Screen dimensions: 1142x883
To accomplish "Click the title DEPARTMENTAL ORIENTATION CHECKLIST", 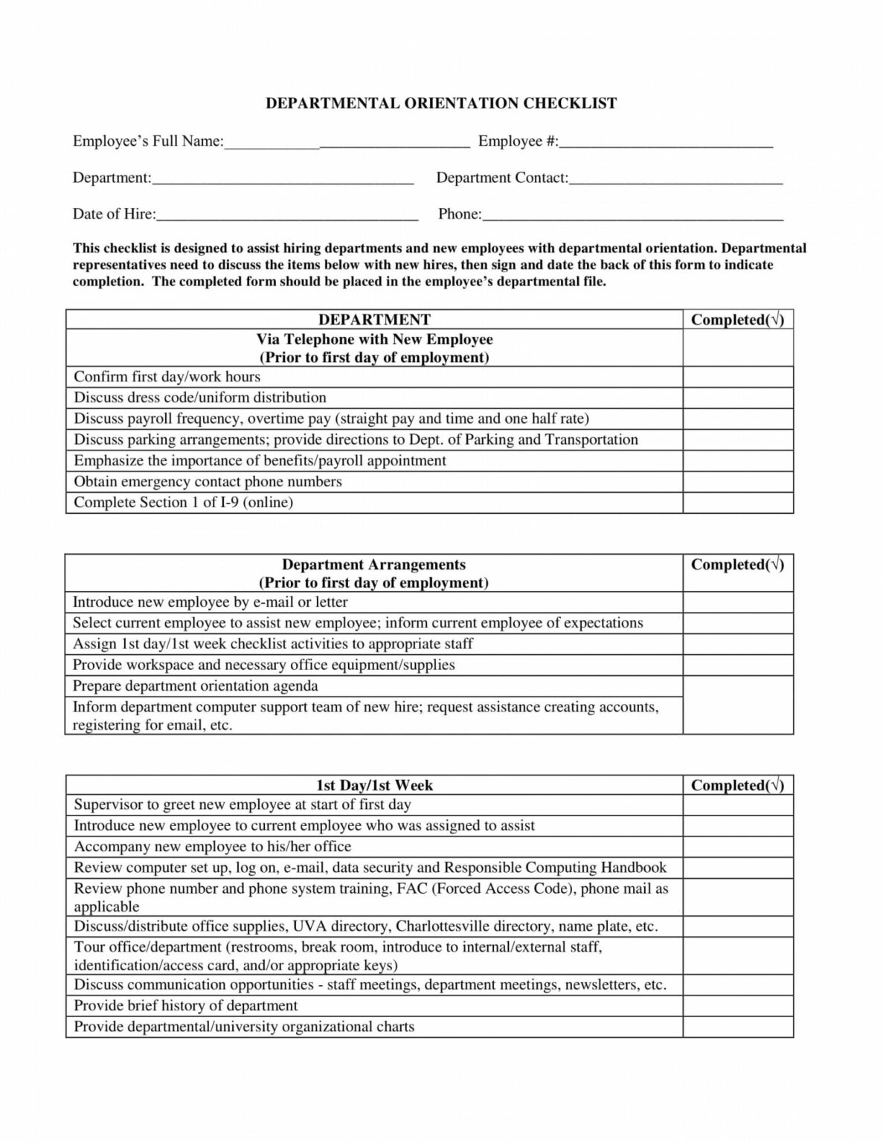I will (441, 103).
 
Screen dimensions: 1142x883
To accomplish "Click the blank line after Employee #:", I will (666, 142).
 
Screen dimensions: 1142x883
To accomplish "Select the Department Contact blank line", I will (675, 178).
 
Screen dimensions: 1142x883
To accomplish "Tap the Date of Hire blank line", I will (287, 215).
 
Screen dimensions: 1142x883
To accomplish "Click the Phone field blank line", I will (632, 215).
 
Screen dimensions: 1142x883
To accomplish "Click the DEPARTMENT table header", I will (374, 320).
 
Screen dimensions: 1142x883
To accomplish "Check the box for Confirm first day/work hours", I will (738, 377).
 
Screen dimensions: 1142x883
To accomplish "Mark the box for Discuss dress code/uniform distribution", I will (738, 398).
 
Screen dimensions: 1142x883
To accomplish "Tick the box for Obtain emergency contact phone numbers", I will (738, 482).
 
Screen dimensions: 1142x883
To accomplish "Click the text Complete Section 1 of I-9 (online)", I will (184, 503).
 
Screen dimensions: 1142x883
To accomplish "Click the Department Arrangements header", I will (373, 565).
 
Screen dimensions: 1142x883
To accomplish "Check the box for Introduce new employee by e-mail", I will (738, 602).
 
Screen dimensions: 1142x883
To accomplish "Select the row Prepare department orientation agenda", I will (196, 686).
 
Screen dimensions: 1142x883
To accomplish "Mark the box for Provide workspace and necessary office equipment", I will (738, 665).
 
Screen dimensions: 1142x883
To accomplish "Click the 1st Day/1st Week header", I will (374, 785).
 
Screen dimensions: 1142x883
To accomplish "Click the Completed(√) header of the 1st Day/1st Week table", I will (737, 785).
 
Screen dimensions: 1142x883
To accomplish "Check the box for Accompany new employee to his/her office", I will (738, 847).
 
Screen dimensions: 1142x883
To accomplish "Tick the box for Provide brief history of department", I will (738, 1006).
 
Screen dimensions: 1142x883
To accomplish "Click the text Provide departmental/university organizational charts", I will (244, 1027).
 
